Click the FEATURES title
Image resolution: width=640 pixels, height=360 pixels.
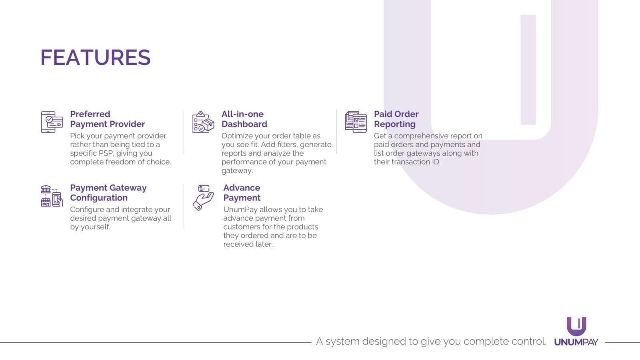tap(96, 58)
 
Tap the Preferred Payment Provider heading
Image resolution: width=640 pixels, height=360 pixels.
tap(108, 119)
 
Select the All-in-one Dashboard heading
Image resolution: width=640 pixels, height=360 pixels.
tap(244, 119)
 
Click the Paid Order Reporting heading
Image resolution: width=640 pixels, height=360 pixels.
tap(396, 119)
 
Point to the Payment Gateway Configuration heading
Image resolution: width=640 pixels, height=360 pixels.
tap(108, 192)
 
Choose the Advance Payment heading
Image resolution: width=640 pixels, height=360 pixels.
tap(242, 192)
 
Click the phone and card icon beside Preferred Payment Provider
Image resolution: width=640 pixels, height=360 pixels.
tap(52, 122)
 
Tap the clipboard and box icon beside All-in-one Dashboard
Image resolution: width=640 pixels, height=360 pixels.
tap(203, 122)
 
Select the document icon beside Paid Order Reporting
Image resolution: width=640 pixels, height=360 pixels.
tap(356, 122)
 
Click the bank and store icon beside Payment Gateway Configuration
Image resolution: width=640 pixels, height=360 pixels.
tap(52, 196)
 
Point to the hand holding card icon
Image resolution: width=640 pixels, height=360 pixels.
tap(203, 198)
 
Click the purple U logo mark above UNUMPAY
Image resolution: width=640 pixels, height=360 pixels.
tap(576, 326)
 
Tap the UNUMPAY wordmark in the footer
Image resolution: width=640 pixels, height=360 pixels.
tap(576, 342)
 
